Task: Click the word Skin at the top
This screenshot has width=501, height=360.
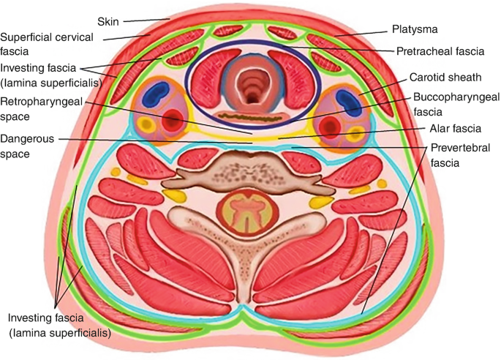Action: click(108, 21)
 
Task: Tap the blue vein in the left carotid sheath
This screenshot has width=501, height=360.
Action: click(156, 98)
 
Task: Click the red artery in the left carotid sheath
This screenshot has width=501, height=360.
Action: click(173, 118)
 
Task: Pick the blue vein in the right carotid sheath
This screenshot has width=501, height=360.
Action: click(347, 100)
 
